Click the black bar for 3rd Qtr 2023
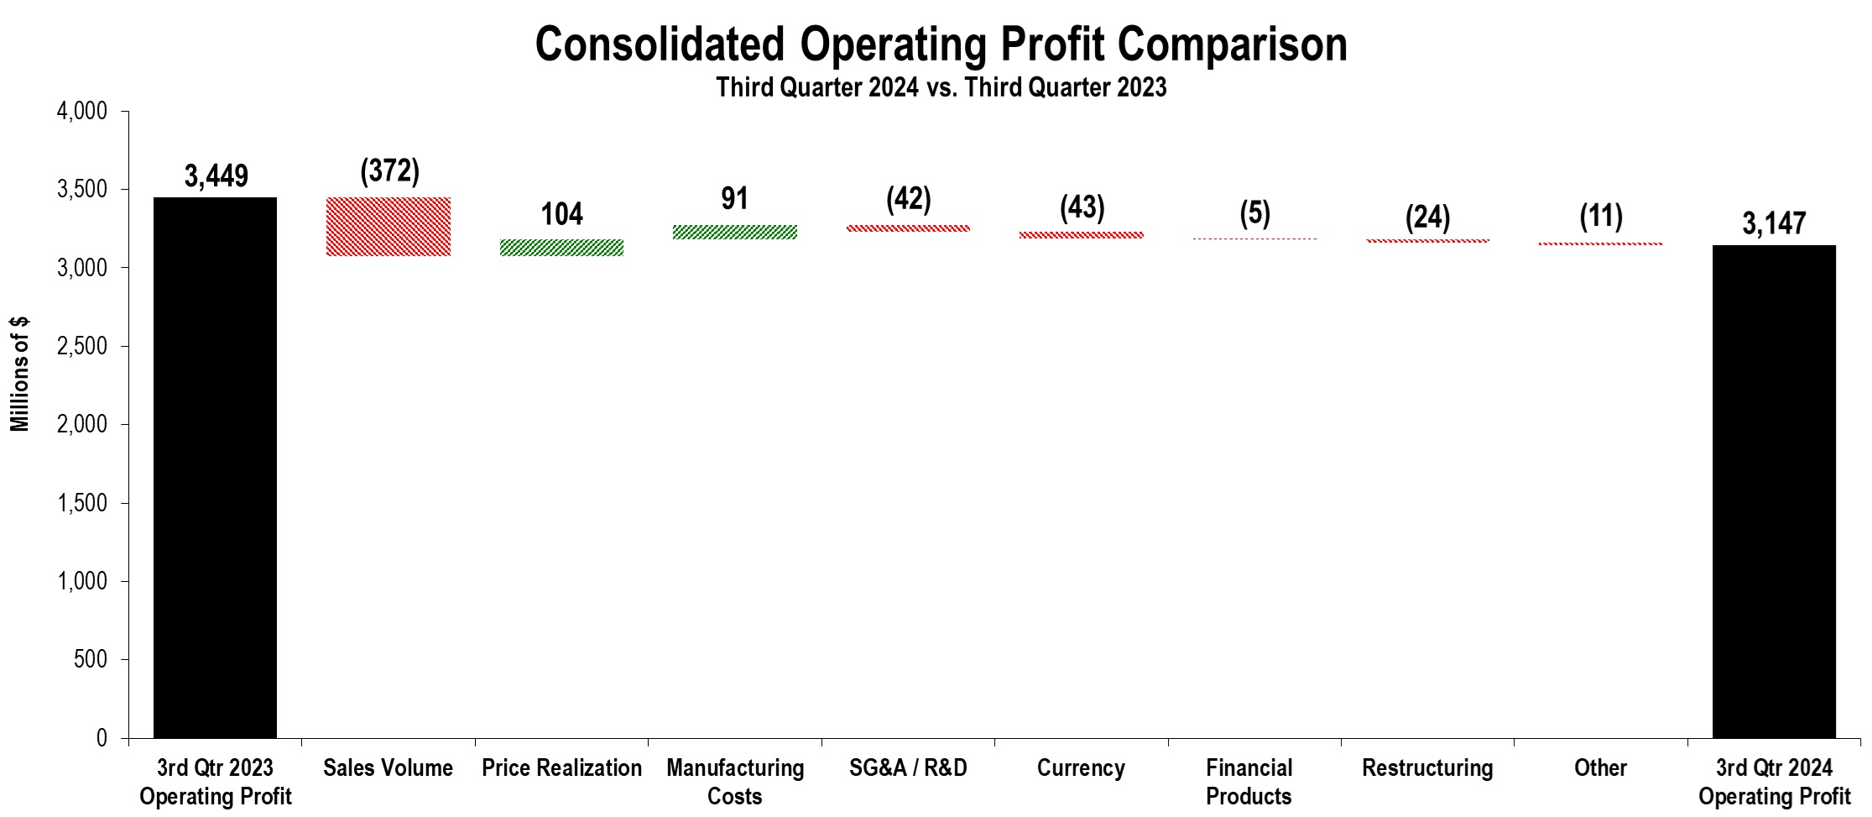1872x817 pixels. point(215,467)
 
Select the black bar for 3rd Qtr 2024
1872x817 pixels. point(1773,491)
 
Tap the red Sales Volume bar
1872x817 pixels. point(388,227)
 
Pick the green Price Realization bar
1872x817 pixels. point(561,247)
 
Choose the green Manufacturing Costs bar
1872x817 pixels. point(734,232)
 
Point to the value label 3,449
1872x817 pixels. point(216,176)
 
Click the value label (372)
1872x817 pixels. point(389,170)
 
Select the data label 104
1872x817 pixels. point(561,214)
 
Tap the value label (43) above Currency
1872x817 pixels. point(1082,207)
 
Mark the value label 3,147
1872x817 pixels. point(1773,223)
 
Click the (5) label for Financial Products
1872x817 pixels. point(1254,213)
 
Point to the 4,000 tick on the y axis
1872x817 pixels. point(81,111)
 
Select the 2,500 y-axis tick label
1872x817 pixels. point(81,346)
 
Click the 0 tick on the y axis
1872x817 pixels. point(101,738)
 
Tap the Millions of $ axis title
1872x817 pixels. point(19,374)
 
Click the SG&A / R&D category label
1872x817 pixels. point(908,767)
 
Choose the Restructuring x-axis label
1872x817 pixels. point(1426,767)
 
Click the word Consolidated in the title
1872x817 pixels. point(660,45)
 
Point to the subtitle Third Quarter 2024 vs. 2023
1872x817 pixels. point(941,87)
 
